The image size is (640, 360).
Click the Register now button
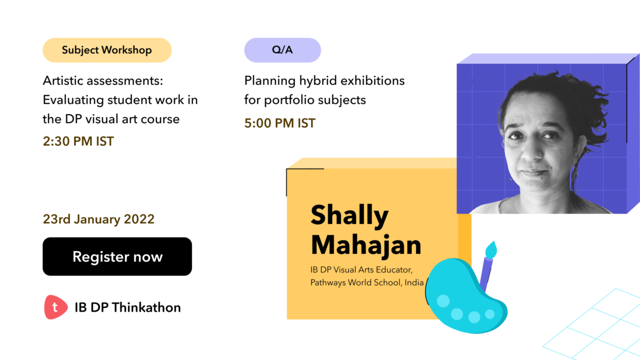click(x=117, y=257)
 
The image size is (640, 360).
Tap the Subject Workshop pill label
click(x=107, y=50)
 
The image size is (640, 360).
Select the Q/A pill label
click(x=283, y=50)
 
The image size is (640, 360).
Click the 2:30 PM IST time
click(x=78, y=141)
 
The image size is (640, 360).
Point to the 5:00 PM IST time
click(x=280, y=123)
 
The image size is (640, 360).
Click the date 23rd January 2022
click(x=99, y=219)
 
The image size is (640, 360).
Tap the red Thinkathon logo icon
click(x=55, y=307)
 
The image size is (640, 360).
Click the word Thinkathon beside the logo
click(x=146, y=307)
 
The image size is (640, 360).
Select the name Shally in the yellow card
click(x=349, y=215)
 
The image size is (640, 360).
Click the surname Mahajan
click(x=366, y=245)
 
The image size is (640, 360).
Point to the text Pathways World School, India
click(x=367, y=283)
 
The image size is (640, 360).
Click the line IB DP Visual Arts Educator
click(x=362, y=270)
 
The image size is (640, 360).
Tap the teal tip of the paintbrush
click(x=491, y=250)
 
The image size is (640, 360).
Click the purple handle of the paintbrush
click(x=486, y=274)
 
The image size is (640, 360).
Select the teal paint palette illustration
click(x=466, y=295)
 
